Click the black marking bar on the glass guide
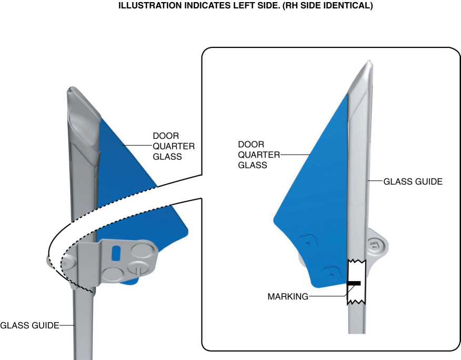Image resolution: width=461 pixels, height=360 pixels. [x=354, y=283]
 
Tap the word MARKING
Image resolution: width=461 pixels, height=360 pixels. [x=288, y=296]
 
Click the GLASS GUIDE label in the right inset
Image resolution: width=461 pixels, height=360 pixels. [x=413, y=182]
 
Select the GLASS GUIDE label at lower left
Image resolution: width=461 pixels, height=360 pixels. [x=29, y=325]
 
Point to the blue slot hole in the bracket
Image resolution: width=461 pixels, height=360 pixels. [x=116, y=253]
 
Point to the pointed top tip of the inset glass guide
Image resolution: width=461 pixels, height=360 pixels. [x=370, y=61]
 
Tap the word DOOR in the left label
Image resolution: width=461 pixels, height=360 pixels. [x=166, y=136]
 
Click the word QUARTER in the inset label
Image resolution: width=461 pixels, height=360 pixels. [x=259, y=155]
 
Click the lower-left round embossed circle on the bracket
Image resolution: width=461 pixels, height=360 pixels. [x=114, y=274]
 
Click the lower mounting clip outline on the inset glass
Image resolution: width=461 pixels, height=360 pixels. [x=332, y=272]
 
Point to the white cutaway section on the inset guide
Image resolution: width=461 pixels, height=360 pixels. [x=356, y=282]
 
